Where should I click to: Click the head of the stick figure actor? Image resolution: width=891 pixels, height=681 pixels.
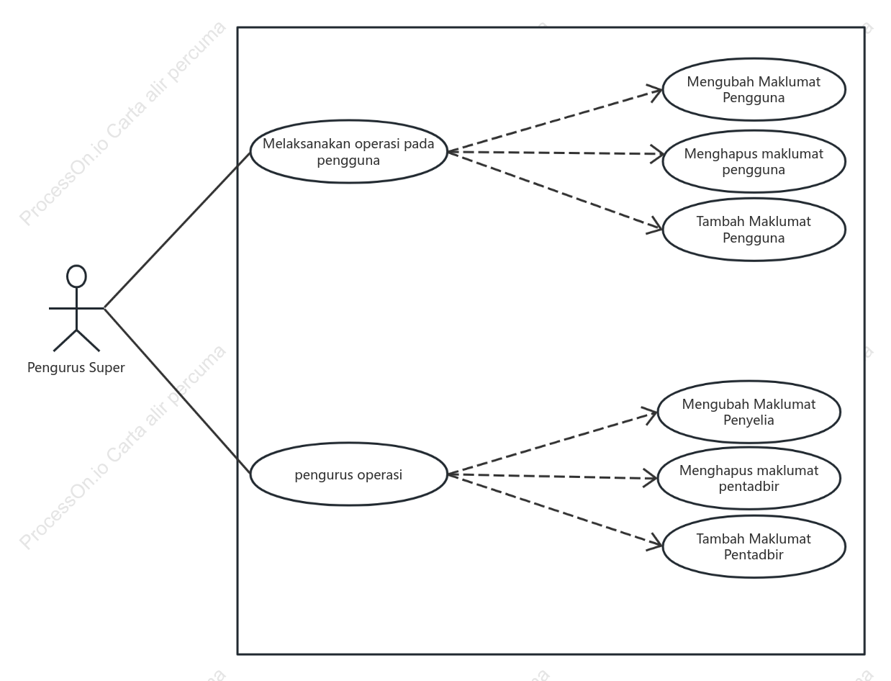click(x=76, y=276)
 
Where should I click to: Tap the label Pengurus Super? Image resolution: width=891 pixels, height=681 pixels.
click(x=76, y=367)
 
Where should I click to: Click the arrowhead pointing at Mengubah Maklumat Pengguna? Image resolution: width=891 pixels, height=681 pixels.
click(x=655, y=92)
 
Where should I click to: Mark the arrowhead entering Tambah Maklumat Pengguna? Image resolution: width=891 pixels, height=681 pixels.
click(x=655, y=225)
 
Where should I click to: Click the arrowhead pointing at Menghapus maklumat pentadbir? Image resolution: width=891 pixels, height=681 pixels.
click(x=650, y=478)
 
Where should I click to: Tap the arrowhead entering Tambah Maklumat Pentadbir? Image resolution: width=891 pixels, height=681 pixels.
click(x=655, y=542)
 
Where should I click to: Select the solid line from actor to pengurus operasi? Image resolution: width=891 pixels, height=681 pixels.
click(x=177, y=391)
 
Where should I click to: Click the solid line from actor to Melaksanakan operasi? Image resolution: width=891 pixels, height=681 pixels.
click(x=177, y=230)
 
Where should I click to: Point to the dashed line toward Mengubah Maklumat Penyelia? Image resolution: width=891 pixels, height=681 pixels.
click(x=553, y=443)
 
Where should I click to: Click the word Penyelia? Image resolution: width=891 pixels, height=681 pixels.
click(x=748, y=420)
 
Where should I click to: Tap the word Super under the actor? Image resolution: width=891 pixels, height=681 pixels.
click(x=107, y=367)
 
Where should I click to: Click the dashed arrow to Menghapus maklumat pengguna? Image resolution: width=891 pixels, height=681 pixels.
click(x=556, y=153)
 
